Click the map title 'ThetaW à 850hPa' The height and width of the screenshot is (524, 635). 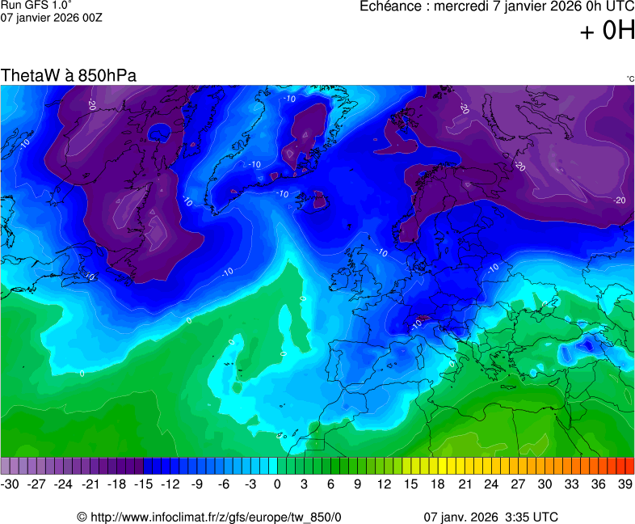pos(69,75)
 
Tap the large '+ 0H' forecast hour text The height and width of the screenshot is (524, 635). pos(607,32)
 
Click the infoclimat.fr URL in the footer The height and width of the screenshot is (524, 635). pos(209,517)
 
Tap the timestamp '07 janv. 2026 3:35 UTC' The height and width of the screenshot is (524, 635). pos(490,517)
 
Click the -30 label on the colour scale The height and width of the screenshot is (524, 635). pos(11,484)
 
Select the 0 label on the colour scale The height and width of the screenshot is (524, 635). pos(277,484)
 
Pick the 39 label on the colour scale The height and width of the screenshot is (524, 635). pos(624,484)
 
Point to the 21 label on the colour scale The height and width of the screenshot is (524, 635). pos(465,484)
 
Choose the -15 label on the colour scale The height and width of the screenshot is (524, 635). pos(144,484)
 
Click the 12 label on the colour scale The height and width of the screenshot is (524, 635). pos(385,484)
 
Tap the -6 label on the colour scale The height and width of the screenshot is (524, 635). pos(224,484)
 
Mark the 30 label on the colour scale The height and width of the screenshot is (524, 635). pos(545,484)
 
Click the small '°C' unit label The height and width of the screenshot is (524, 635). pos(629,79)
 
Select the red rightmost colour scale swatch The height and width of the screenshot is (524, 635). pos(630,466)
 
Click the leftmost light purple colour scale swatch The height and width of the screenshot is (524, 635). pos(6,466)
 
